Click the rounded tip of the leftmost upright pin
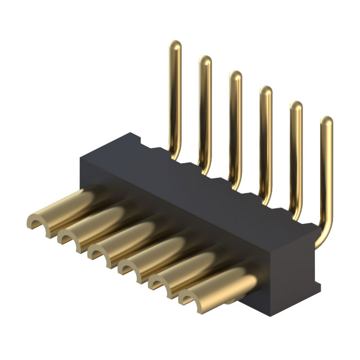175,46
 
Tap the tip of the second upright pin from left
205,60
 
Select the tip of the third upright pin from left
235,75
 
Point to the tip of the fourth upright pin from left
265,91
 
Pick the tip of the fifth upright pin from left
296,106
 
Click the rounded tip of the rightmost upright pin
326,121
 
